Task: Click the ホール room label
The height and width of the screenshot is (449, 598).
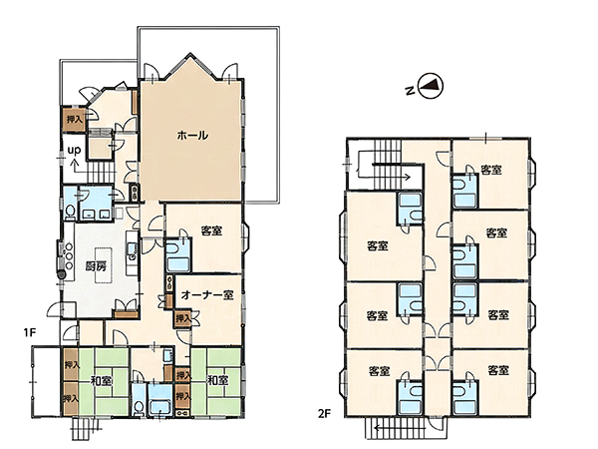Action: [192, 135]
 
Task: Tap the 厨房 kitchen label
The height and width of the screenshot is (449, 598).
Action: [96, 266]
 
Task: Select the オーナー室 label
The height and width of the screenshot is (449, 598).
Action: [207, 294]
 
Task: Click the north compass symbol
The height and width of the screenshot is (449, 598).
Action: [431, 87]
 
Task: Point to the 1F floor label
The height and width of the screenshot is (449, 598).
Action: [29, 332]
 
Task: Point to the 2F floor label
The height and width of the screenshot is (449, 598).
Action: [324, 413]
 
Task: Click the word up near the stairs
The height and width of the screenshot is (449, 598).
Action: [74, 150]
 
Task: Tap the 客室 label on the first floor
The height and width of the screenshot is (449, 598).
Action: [211, 230]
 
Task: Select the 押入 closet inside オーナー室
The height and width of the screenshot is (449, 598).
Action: [182, 318]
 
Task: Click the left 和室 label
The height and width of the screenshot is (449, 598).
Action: [101, 381]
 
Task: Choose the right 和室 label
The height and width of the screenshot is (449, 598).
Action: [217, 380]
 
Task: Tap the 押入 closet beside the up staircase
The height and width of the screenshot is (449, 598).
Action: [75, 119]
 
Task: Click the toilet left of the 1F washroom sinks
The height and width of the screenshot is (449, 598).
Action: [70, 212]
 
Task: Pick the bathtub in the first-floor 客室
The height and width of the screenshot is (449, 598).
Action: [178, 263]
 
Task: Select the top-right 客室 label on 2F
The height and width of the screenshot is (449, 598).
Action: [490, 170]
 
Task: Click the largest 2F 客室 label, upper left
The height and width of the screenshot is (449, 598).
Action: [378, 245]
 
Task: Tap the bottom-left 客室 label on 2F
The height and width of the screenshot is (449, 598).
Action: [379, 371]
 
